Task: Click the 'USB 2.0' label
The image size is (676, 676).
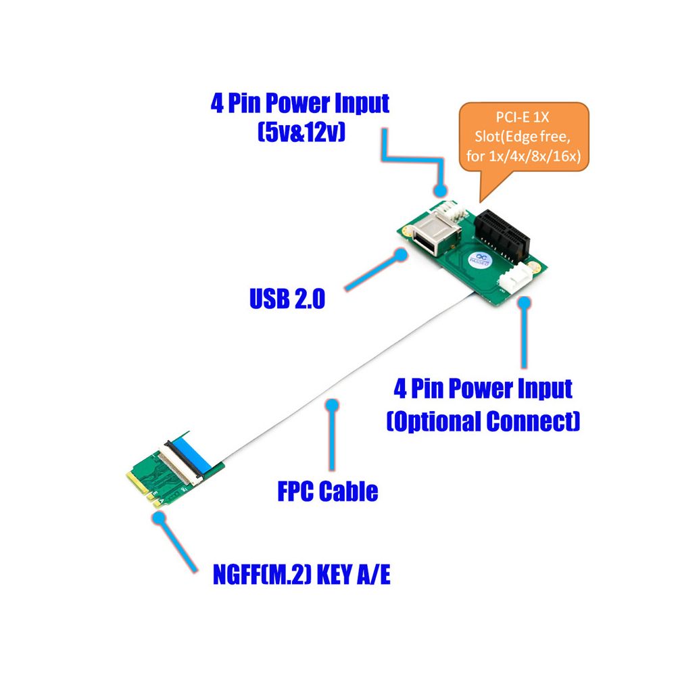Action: (287, 298)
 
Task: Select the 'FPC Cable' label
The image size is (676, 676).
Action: (327, 491)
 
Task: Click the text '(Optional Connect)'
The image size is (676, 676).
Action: (483, 422)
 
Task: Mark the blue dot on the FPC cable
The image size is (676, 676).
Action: (331, 405)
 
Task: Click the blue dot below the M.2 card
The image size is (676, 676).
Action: (160, 519)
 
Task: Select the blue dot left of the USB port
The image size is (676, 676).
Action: (401, 256)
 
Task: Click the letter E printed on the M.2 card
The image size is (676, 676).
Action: (155, 493)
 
